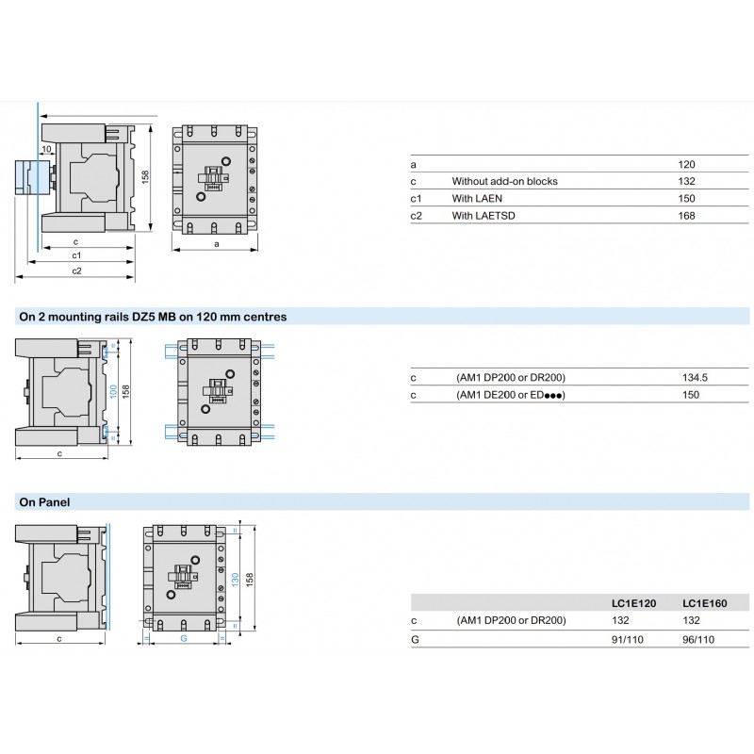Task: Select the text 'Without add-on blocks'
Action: (504, 182)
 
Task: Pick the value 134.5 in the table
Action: (694, 378)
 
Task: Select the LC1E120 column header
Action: (628, 603)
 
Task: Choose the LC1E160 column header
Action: (703, 603)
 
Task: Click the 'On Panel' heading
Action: (44, 502)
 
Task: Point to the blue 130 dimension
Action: (235, 578)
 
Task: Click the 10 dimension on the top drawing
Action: (45, 149)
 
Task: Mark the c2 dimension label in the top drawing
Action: (76, 270)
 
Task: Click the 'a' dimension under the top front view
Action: (217, 244)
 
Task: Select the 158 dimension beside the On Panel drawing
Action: (252, 578)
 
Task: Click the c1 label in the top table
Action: (417, 199)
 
